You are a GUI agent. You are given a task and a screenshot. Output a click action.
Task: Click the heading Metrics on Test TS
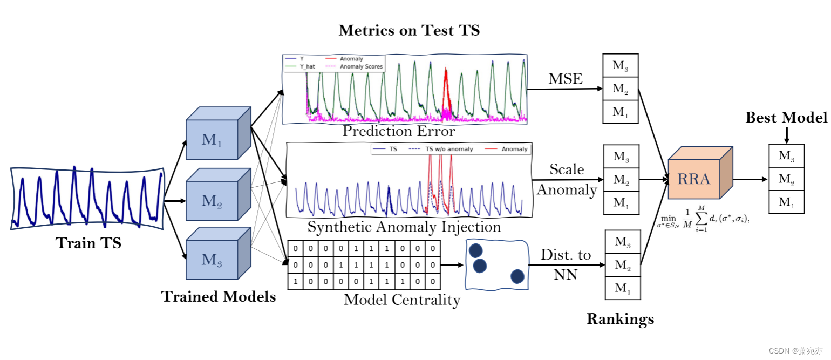pos(409,30)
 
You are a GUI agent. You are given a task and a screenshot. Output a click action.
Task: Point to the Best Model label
pos(786,118)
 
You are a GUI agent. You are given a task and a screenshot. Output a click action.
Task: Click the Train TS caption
pos(88,243)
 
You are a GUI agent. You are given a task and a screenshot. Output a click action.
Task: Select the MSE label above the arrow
pos(566,79)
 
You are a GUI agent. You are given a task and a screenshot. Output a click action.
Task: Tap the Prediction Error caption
pos(399,131)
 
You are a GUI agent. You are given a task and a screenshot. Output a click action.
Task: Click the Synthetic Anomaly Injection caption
pos(404,227)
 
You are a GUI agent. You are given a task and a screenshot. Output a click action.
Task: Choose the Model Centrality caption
pos(402,300)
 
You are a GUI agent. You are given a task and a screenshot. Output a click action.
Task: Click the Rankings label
pos(620,319)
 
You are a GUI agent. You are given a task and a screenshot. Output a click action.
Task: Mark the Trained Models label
pos(219,296)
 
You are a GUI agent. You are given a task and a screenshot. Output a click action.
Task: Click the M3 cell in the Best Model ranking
pos(786,156)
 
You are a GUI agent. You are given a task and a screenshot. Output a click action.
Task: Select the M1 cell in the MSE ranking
pos(620,112)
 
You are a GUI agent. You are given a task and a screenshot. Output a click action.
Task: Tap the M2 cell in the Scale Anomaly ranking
pos(621,179)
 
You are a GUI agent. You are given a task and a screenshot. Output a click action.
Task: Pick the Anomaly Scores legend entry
pos(355,67)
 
